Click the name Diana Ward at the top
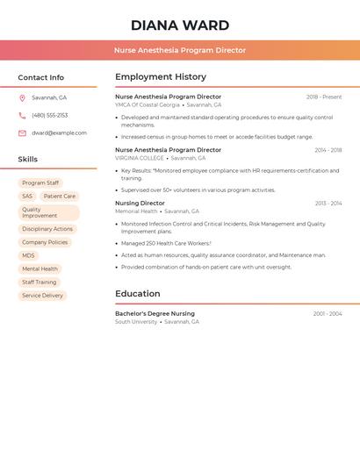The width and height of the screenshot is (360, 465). pos(180,25)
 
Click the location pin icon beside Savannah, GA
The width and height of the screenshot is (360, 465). pos(22,97)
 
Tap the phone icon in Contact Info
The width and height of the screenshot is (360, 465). pos(22,115)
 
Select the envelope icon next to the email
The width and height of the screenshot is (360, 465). pos(22,133)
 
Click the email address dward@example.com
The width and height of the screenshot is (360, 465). pos(59,133)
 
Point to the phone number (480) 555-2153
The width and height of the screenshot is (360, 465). pos(49,115)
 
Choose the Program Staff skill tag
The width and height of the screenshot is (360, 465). pos(40,183)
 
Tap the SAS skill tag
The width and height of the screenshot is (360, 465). pos(27,197)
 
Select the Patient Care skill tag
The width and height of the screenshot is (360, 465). pos(60,197)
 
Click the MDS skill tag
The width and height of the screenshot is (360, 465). pos(29,255)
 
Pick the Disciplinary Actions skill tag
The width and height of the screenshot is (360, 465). pos(47,229)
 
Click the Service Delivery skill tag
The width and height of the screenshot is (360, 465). pos(42,296)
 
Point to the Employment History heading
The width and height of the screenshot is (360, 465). pos(161,77)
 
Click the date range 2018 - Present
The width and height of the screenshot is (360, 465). pos(324,97)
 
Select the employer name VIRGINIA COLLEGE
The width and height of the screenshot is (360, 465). pos(140,158)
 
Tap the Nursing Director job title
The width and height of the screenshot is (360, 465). pos(140,203)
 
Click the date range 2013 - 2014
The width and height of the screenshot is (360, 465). pos(328,204)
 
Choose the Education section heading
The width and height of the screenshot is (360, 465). pos(138,294)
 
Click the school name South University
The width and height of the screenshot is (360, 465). pos(136,322)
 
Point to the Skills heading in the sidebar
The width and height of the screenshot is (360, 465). pos(28,160)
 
